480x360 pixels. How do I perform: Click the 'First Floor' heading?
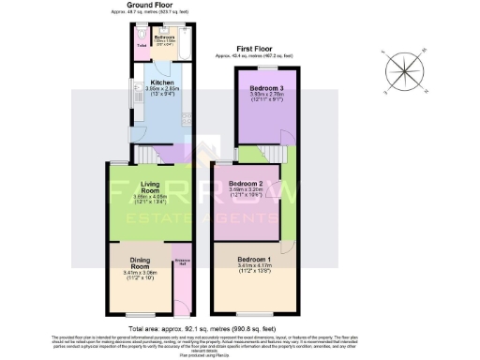tap(253, 50)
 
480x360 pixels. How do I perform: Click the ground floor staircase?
tap(146, 153)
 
